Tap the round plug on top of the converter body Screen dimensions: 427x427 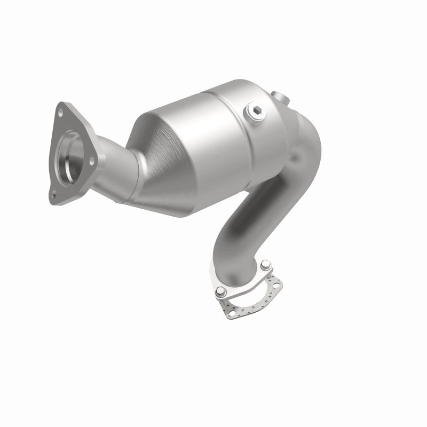coord(254,113)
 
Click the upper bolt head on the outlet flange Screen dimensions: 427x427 coord(265,263)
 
